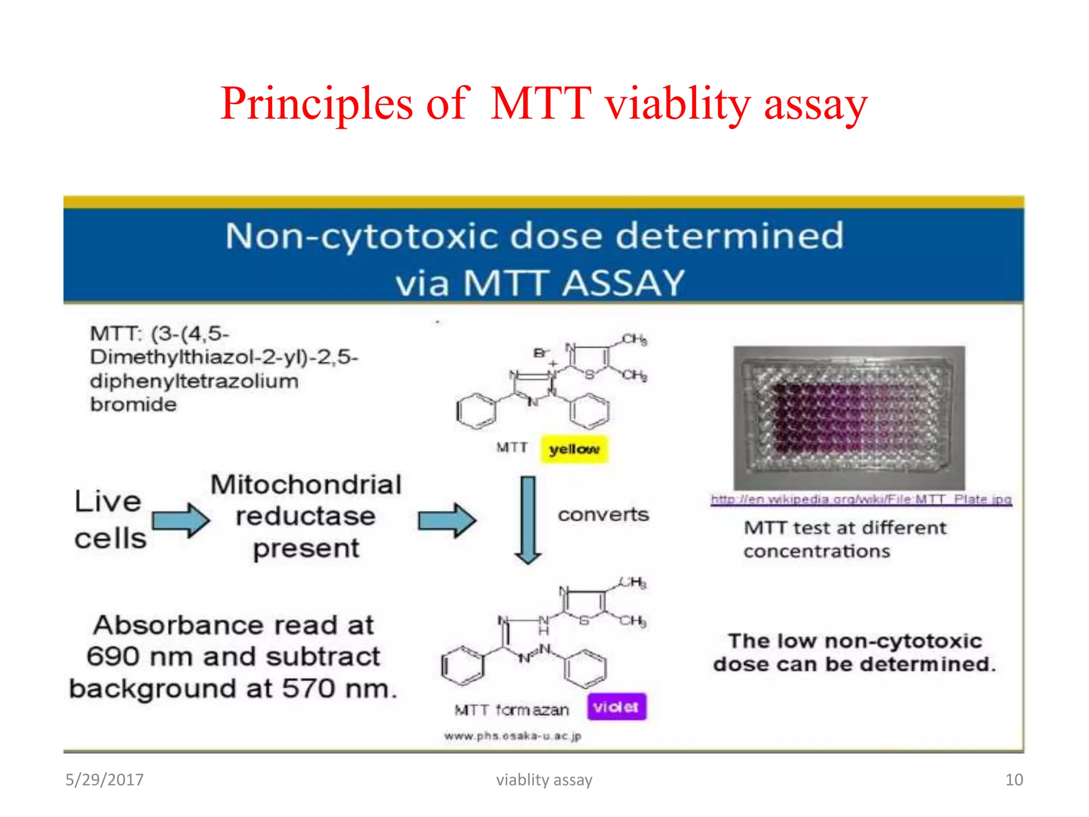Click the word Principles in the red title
[x=317, y=104]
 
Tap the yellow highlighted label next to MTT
[x=574, y=449]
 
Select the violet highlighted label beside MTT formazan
[x=616, y=707]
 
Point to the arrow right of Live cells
[x=181, y=520]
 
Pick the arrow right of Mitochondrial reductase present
[x=447, y=520]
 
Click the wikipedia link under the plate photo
[x=861, y=499]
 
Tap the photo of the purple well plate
[x=849, y=418]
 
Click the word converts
[x=603, y=514]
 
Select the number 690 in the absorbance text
[x=113, y=656]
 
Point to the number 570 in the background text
[x=308, y=688]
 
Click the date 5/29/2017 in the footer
[x=104, y=780]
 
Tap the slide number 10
[x=1013, y=780]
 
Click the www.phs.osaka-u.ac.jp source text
[x=513, y=736]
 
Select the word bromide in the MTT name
[x=133, y=405]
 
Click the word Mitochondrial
[x=306, y=485]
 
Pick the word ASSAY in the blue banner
[x=623, y=282]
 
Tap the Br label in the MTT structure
[x=540, y=353]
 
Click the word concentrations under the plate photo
[x=816, y=552]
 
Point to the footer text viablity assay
[x=544, y=780]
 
